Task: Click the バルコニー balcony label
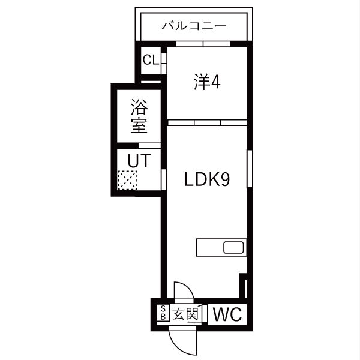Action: (x=194, y=26)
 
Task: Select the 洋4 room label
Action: (x=207, y=82)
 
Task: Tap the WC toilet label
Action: (x=227, y=314)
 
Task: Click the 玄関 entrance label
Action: (x=185, y=314)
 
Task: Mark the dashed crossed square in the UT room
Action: (x=128, y=180)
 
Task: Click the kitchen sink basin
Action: (x=233, y=247)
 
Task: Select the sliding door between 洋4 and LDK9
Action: (x=207, y=122)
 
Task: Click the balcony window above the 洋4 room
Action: (x=202, y=43)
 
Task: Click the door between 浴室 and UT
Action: (x=149, y=146)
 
